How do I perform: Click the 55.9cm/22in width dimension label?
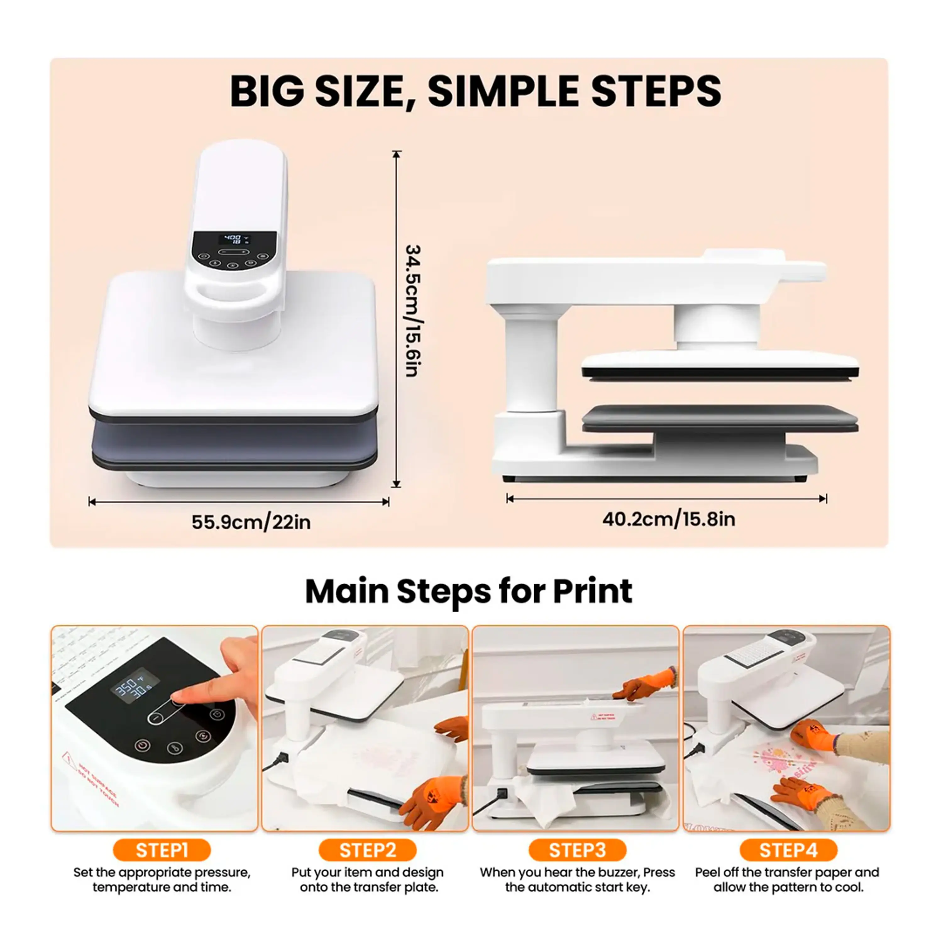[x=251, y=522]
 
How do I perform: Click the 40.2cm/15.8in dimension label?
[x=668, y=519]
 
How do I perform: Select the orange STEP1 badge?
[x=162, y=850]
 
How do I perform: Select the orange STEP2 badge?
[x=367, y=850]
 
